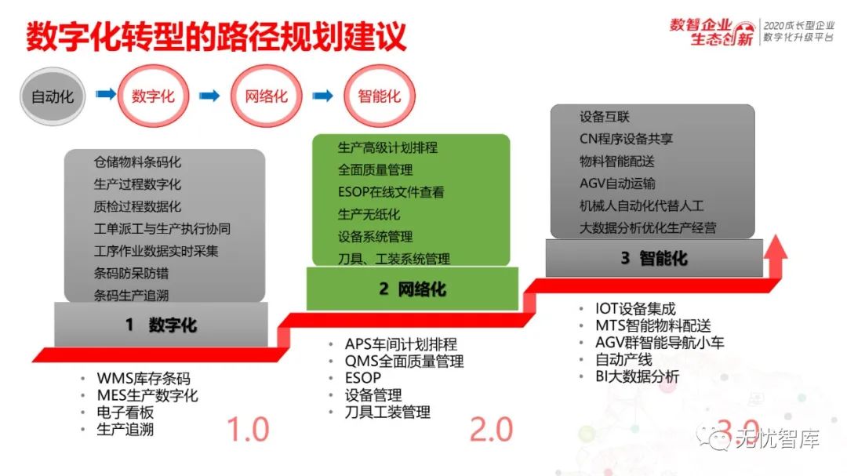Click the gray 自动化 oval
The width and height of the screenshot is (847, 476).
tap(53, 97)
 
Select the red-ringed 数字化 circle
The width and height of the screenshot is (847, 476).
tap(153, 96)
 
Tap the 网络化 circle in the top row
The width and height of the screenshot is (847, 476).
tap(267, 96)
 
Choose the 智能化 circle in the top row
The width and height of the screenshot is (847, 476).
tap(379, 96)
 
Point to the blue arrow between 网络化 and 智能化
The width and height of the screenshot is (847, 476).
tap(322, 96)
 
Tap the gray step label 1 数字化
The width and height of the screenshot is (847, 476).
tap(161, 324)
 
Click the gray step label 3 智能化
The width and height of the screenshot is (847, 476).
tap(654, 258)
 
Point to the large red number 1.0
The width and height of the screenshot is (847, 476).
tap(248, 430)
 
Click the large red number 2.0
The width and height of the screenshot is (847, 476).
tap(491, 430)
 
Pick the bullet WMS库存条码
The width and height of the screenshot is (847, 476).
tap(144, 379)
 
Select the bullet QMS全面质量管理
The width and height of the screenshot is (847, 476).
tap(404, 361)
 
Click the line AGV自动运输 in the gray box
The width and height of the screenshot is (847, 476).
tap(617, 183)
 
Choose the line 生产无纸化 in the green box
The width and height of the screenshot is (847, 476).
tap(369, 214)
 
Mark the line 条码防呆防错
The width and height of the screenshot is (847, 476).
tap(131, 274)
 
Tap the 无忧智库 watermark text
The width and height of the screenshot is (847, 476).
tap(776, 440)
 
